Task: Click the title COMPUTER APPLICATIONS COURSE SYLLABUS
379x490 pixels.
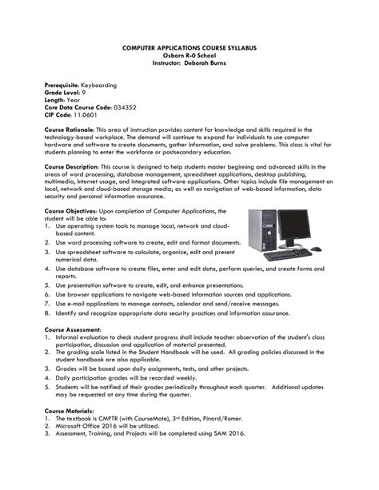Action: click(189, 49)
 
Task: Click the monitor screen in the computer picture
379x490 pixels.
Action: click(293, 229)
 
